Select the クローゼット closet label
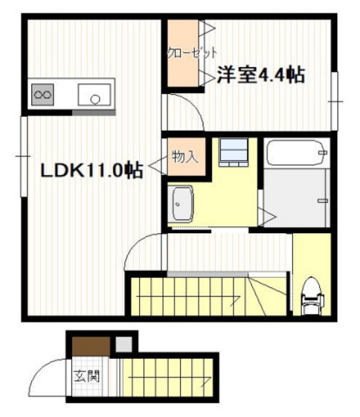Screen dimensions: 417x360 192,52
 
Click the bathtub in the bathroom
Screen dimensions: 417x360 295,155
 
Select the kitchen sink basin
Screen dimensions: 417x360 94,95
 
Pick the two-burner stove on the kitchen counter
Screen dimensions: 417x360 42,95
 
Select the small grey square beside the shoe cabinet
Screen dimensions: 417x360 123,345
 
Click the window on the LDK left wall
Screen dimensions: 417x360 25,156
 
